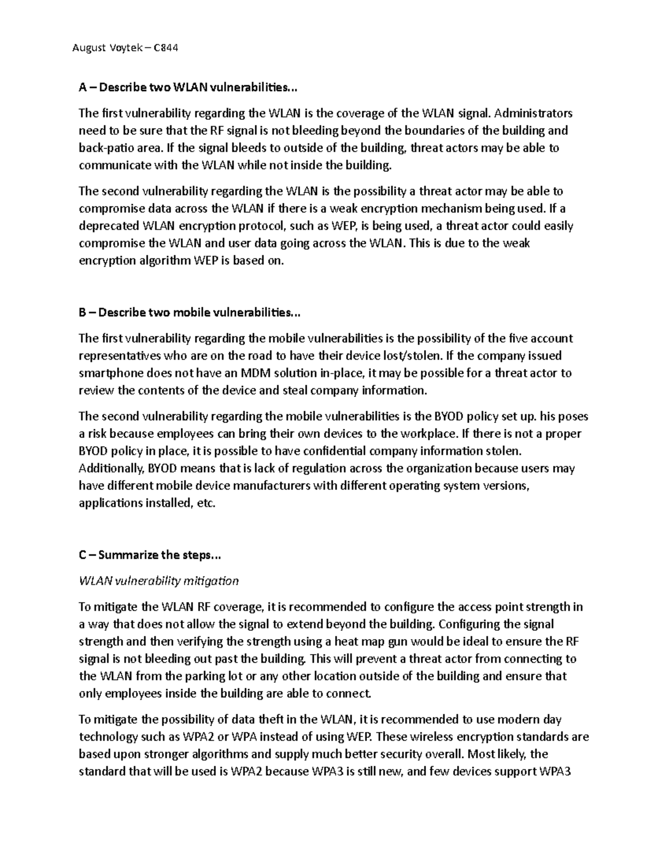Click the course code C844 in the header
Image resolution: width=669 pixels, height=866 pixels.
(166, 48)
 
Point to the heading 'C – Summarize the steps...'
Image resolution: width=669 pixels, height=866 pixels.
(151, 555)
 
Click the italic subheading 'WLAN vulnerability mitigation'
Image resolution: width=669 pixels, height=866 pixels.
(159, 581)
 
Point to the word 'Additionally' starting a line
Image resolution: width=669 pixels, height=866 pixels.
(110, 468)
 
